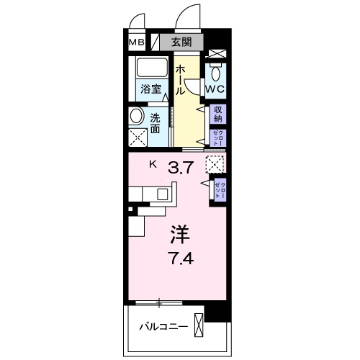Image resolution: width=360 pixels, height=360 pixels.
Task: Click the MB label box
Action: (137, 42)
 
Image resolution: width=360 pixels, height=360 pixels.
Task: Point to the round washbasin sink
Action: (137, 116)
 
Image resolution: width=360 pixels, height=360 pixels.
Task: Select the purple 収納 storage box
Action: (217, 114)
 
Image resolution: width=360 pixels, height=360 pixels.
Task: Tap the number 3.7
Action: (181, 168)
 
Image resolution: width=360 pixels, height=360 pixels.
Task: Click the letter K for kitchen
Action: (153, 164)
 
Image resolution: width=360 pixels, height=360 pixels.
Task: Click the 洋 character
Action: (180, 235)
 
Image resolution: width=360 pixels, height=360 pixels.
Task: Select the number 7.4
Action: (180, 257)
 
